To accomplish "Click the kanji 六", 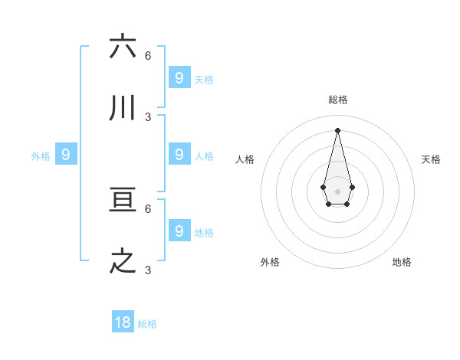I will (123, 47).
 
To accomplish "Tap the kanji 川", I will (123, 109).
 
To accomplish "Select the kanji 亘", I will (123, 201).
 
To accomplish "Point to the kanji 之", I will (123, 262).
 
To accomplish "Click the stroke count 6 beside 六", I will (148, 55).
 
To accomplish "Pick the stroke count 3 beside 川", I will (148, 117).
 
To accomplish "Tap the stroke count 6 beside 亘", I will (148, 208).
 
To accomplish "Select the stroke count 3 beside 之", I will (148, 270).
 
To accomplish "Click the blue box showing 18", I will (123, 322).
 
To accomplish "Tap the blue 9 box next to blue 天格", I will (179, 77).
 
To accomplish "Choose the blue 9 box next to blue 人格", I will (179, 155).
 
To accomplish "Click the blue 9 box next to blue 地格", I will (179, 231).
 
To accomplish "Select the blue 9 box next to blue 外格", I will (66, 155).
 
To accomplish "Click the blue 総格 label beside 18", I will (147, 324).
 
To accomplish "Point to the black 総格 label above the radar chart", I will (337, 100).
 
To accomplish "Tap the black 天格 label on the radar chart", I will (431, 159).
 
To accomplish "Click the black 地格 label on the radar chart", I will (402, 262).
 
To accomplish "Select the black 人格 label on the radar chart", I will (245, 159).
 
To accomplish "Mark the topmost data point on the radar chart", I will (337, 129).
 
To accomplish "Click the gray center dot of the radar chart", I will (337, 191).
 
